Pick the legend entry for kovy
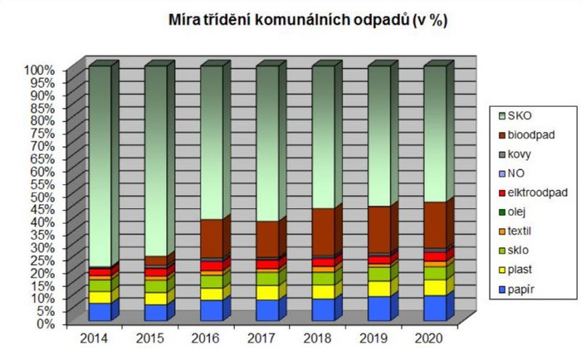[x=521, y=153]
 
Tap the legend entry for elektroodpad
[x=535, y=192]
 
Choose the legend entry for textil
[x=522, y=231]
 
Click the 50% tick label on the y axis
[x=41, y=197]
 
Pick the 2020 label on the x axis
[x=429, y=338]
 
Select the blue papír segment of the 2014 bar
[x=100, y=312]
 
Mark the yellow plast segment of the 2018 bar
[x=323, y=291]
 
